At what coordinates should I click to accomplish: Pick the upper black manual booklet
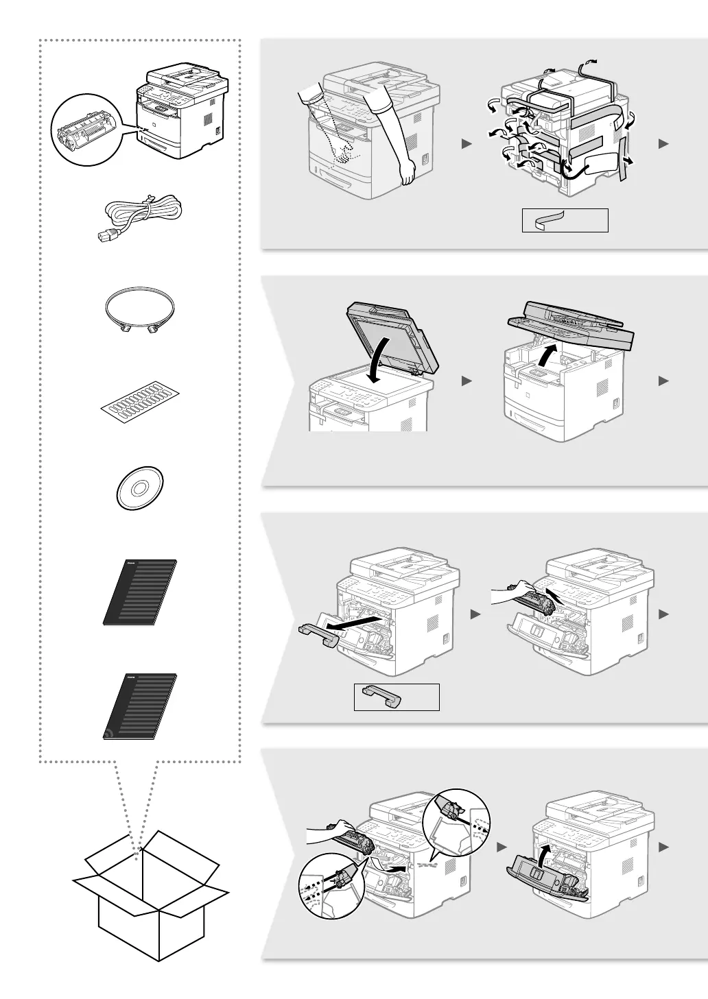(x=140, y=591)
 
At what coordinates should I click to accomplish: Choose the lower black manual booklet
(x=140, y=706)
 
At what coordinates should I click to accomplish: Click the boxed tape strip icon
(x=565, y=220)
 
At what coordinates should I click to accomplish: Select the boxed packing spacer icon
(x=396, y=697)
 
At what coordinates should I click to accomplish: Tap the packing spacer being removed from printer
(x=318, y=634)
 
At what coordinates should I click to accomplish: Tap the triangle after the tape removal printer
(x=663, y=143)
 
